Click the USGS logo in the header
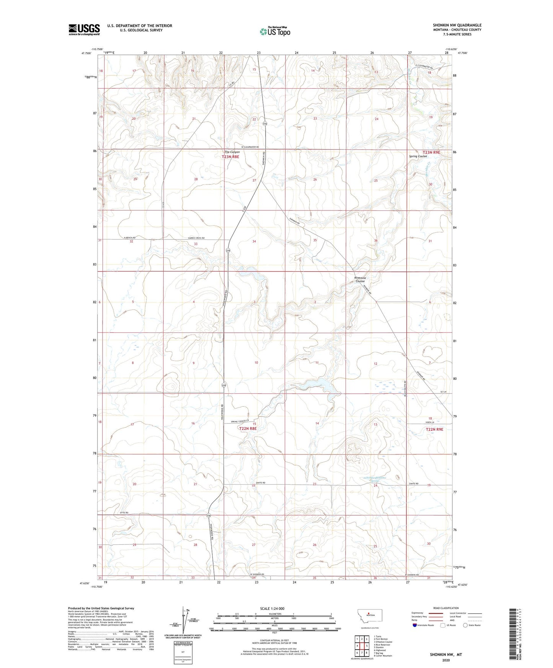(x=84, y=29)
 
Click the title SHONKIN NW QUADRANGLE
(x=457, y=25)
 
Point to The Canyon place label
(x=232, y=152)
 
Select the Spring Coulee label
(x=418, y=156)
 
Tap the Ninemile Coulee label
(x=360, y=280)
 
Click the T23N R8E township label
(x=230, y=157)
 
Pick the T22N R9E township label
(x=434, y=430)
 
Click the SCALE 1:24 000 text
(x=272, y=608)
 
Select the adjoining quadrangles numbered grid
(x=362, y=647)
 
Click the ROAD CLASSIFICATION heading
(x=446, y=608)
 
